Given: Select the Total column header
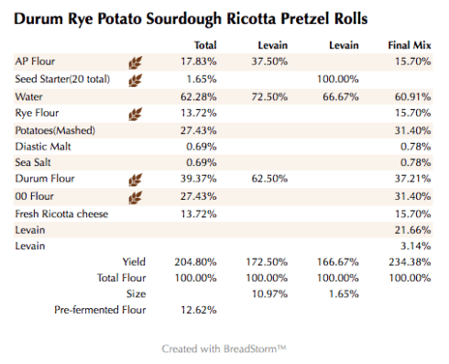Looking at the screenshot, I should [205, 44].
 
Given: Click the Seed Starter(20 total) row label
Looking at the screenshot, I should [61, 79].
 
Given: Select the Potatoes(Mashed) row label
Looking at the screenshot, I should [55, 130].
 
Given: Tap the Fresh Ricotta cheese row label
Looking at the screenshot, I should [61, 214].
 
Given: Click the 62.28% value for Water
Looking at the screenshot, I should [199, 96].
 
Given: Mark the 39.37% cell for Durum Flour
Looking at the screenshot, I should [199, 180].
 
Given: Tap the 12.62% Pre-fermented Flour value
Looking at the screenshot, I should [199, 310].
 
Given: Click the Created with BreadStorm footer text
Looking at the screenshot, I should [224, 348].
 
